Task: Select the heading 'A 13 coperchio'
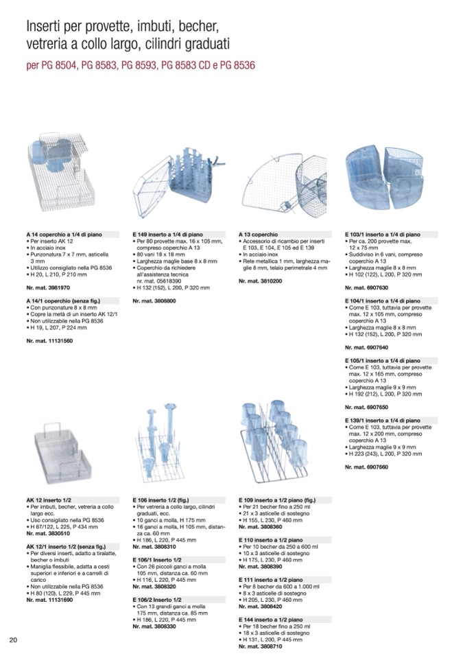pos(259,233)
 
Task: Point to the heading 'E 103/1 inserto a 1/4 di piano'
pos(382,234)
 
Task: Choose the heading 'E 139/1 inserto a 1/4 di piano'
pos(382,420)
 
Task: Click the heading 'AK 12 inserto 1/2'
pos(49,500)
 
